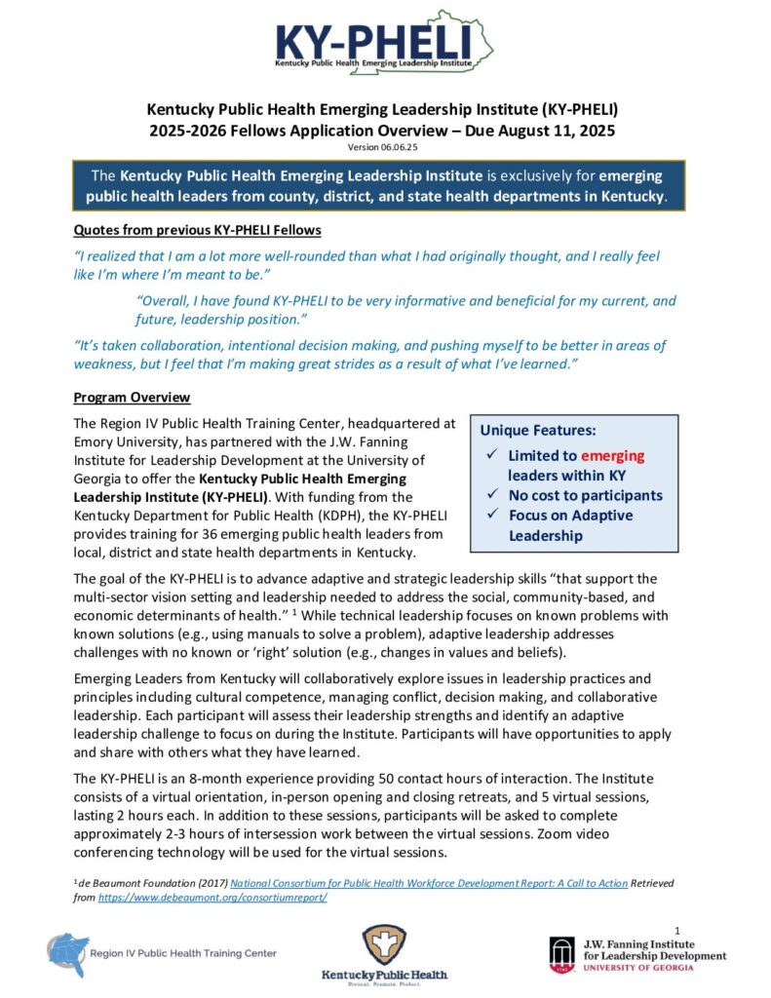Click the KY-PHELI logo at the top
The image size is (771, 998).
click(x=384, y=44)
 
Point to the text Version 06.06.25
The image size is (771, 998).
click(x=385, y=146)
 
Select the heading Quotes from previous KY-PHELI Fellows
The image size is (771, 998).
click(x=198, y=230)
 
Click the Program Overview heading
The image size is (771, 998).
click(x=132, y=398)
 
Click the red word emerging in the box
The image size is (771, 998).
click(x=612, y=455)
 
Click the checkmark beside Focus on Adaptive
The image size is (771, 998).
click(x=492, y=516)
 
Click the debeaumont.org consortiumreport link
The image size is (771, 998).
click(x=212, y=897)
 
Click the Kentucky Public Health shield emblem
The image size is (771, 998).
click(x=384, y=944)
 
